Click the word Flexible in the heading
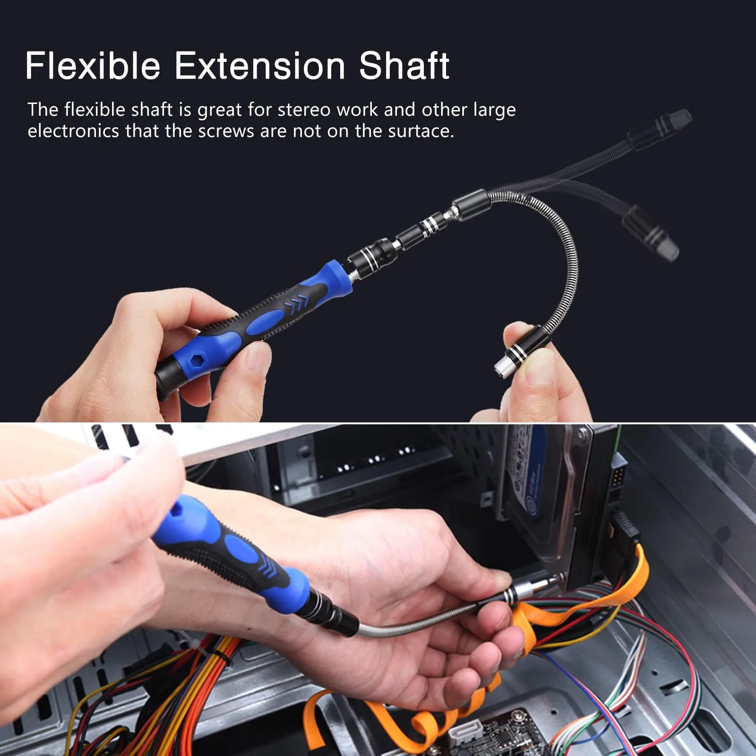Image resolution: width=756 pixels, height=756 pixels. coord(93,66)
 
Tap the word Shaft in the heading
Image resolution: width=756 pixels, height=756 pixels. coord(404,66)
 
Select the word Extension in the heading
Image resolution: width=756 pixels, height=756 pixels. coord(260,66)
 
